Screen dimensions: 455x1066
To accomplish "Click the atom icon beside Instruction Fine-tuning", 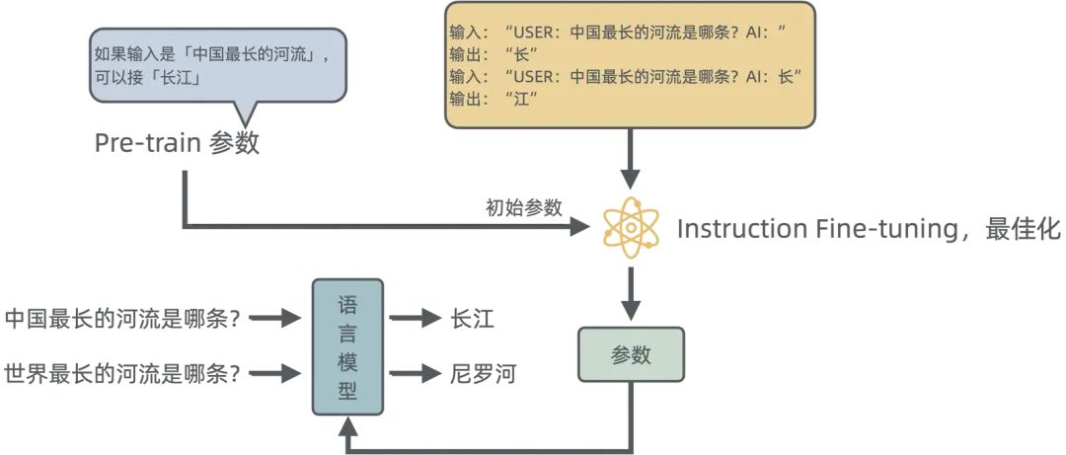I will tap(631, 228).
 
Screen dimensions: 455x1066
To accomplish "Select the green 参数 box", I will tap(631, 354).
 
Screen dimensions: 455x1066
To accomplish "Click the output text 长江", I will tap(472, 318).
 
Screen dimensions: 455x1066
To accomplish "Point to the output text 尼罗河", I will tap(483, 373).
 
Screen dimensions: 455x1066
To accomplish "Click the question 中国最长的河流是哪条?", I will tap(123, 318).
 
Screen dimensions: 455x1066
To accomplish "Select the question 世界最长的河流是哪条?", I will tap(123, 373).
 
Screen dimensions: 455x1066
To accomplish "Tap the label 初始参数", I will tap(523, 207).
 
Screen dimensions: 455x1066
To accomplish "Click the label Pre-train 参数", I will tap(177, 142).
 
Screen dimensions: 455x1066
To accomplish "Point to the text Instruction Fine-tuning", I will tap(810, 229).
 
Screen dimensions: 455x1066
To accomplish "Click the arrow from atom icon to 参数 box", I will tap(631, 288).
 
